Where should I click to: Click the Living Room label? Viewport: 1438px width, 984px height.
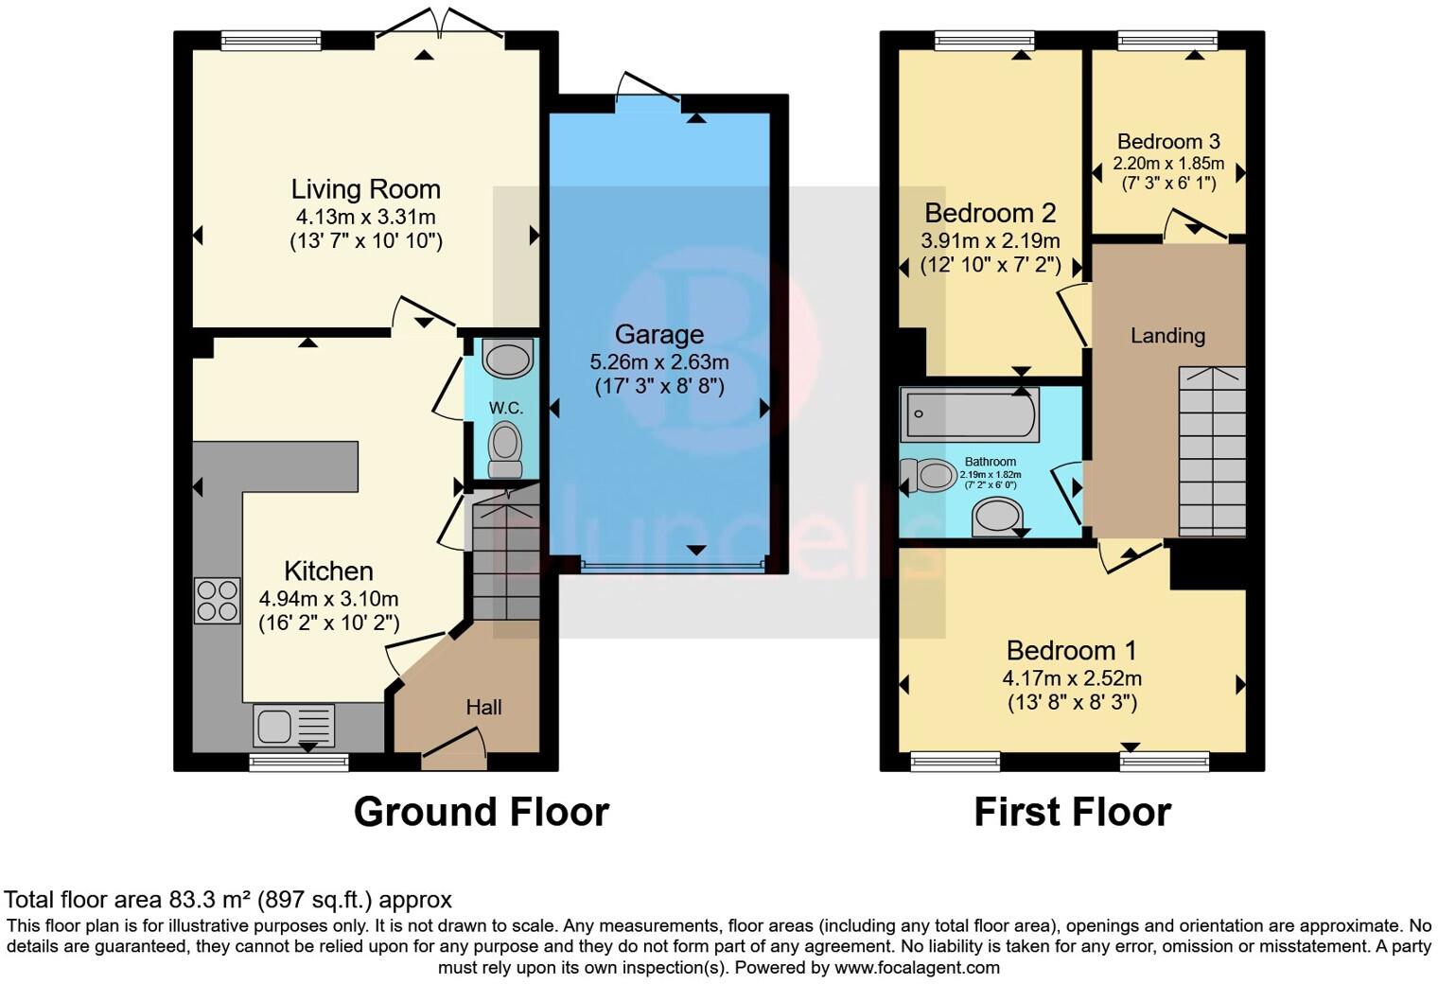pyautogui.click(x=366, y=189)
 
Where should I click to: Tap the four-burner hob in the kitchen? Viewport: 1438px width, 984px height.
pyautogui.click(x=217, y=601)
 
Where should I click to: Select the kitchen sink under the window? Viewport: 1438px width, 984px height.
pyautogui.click(x=294, y=726)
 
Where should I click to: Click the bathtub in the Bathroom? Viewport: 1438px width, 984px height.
pyautogui.click(x=969, y=414)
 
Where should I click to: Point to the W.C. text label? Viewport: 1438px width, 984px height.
pyautogui.click(x=506, y=408)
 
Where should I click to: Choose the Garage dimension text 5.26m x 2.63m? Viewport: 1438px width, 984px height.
pyautogui.click(x=659, y=362)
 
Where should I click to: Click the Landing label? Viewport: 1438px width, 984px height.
pyautogui.click(x=1167, y=335)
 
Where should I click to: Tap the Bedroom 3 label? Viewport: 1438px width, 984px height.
pyautogui.click(x=1168, y=141)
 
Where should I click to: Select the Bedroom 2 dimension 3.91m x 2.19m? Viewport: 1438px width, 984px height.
pyautogui.click(x=991, y=240)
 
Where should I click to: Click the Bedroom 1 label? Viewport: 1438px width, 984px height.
pyautogui.click(x=1072, y=650)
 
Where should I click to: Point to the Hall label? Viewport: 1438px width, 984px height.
pyautogui.click(x=483, y=708)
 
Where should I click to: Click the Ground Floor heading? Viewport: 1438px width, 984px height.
pyautogui.click(x=482, y=812)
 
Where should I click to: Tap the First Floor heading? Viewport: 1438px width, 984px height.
pyautogui.click(x=1073, y=812)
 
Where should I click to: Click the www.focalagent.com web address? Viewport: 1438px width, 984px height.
pyautogui.click(x=917, y=967)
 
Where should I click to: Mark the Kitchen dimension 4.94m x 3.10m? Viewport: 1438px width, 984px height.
pyautogui.click(x=328, y=599)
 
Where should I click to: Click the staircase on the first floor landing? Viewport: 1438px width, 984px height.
pyautogui.click(x=1212, y=451)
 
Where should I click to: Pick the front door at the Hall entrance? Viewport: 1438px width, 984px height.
pyautogui.click(x=454, y=748)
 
